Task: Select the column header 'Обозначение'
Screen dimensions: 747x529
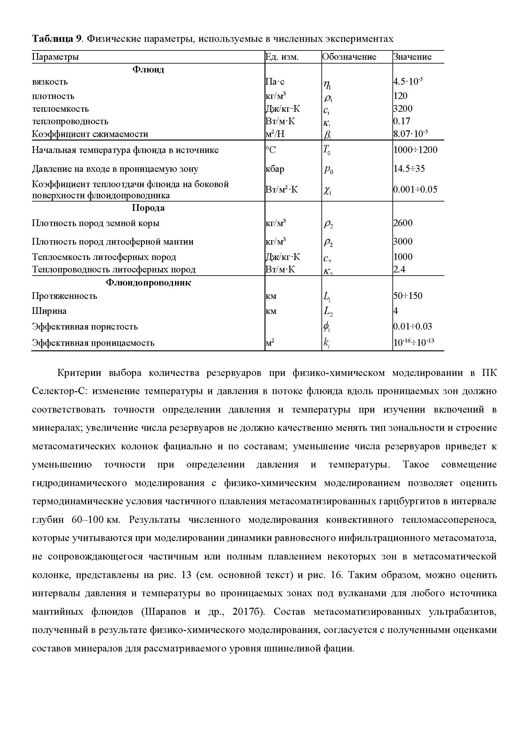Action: tap(349, 57)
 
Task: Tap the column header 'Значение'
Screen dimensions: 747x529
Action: tap(412, 57)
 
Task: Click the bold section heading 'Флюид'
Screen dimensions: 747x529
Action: tap(148, 69)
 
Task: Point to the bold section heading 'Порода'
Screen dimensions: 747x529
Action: tap(148, 208)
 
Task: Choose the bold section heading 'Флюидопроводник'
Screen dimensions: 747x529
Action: tap(148, 282)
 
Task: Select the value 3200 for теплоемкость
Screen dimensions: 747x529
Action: tap(403, 108)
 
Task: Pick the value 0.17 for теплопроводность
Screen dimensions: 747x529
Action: tap(402, 121)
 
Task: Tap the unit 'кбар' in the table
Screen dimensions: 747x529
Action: tap(275, 169)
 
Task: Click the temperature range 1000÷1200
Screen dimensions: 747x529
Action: tap(415, 150)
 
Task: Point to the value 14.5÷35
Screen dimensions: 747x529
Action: tap(409, 169)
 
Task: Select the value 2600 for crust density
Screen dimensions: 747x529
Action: tap(403, 223)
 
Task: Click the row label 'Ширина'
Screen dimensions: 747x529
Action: tap(49, 311)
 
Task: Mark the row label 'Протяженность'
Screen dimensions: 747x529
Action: tap(65, 296)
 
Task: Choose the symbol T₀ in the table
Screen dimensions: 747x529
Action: tap(327, 150)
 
